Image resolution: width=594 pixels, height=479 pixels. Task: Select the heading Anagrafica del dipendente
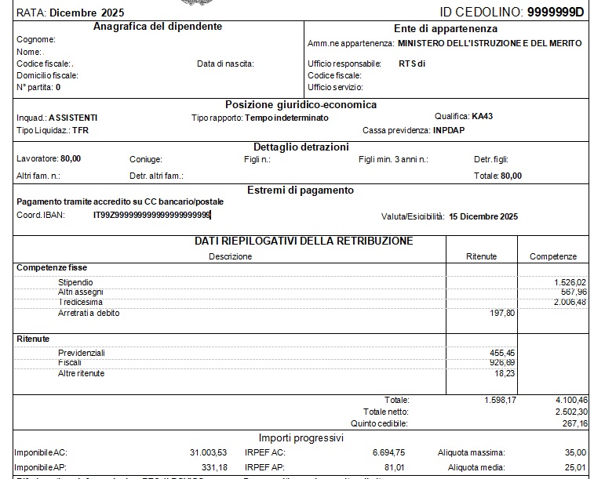tap(158, 27)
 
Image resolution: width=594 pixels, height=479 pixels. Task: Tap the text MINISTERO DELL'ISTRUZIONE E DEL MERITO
tap(490, 43)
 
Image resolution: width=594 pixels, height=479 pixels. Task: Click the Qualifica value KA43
tap(483, 116)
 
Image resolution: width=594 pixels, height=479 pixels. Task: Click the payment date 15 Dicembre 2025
tap(483, 216)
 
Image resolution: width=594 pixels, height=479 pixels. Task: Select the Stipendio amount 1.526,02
tap(570, 282)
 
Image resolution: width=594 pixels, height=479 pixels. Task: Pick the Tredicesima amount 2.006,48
tap(570, 302)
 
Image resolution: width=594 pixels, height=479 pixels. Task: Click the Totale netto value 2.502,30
tap(570, 412)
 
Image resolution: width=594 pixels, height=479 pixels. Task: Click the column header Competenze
tap(553, 256)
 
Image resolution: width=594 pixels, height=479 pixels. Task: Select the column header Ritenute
tap(481, 256)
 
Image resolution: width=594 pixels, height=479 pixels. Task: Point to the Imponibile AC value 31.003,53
tap(208, 452)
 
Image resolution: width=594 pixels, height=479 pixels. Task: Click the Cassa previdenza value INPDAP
tap(449, 130)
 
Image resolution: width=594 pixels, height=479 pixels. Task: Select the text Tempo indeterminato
tap(287, 118)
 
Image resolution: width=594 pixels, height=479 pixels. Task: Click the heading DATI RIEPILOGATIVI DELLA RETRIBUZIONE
tap(304, 241)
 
